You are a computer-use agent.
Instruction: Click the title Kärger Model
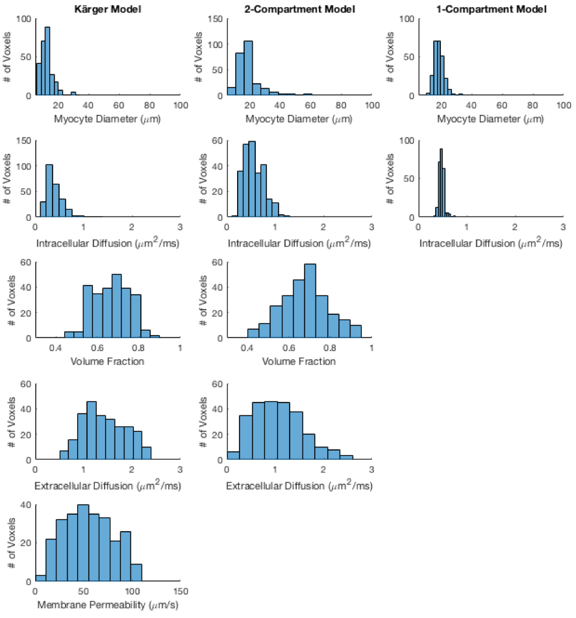[108, 9]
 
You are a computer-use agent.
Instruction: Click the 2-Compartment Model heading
[299, 9]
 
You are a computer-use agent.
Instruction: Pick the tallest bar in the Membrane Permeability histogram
[83, 543]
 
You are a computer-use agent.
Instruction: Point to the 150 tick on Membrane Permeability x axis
[181, 591]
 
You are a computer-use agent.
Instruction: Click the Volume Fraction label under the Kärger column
[108, 361]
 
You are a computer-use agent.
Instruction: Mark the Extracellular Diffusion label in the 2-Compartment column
[299, 484]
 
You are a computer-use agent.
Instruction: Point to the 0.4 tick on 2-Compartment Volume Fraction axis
[247, 348]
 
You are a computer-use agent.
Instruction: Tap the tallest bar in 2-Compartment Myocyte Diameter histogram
[247, 68]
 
